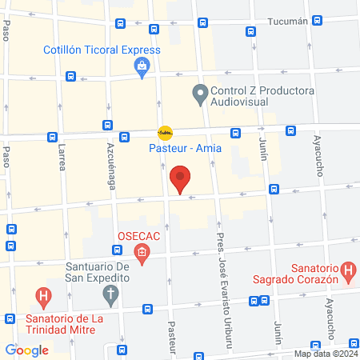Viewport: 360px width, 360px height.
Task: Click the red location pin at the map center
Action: coord(181,178)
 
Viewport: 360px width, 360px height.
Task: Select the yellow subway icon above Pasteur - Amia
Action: coord(165,132)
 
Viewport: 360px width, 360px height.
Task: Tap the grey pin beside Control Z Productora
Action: coord(200,96)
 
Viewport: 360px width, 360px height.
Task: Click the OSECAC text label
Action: coord(141,237)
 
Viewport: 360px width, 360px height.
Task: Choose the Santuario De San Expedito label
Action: coord(87,271)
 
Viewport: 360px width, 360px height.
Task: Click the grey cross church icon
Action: coord(111,295)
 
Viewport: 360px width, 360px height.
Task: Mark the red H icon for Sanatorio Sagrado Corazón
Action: coord(348,271)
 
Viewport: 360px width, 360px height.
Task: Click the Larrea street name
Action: coord(62,157)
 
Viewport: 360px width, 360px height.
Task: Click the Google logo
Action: coord(26,350)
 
